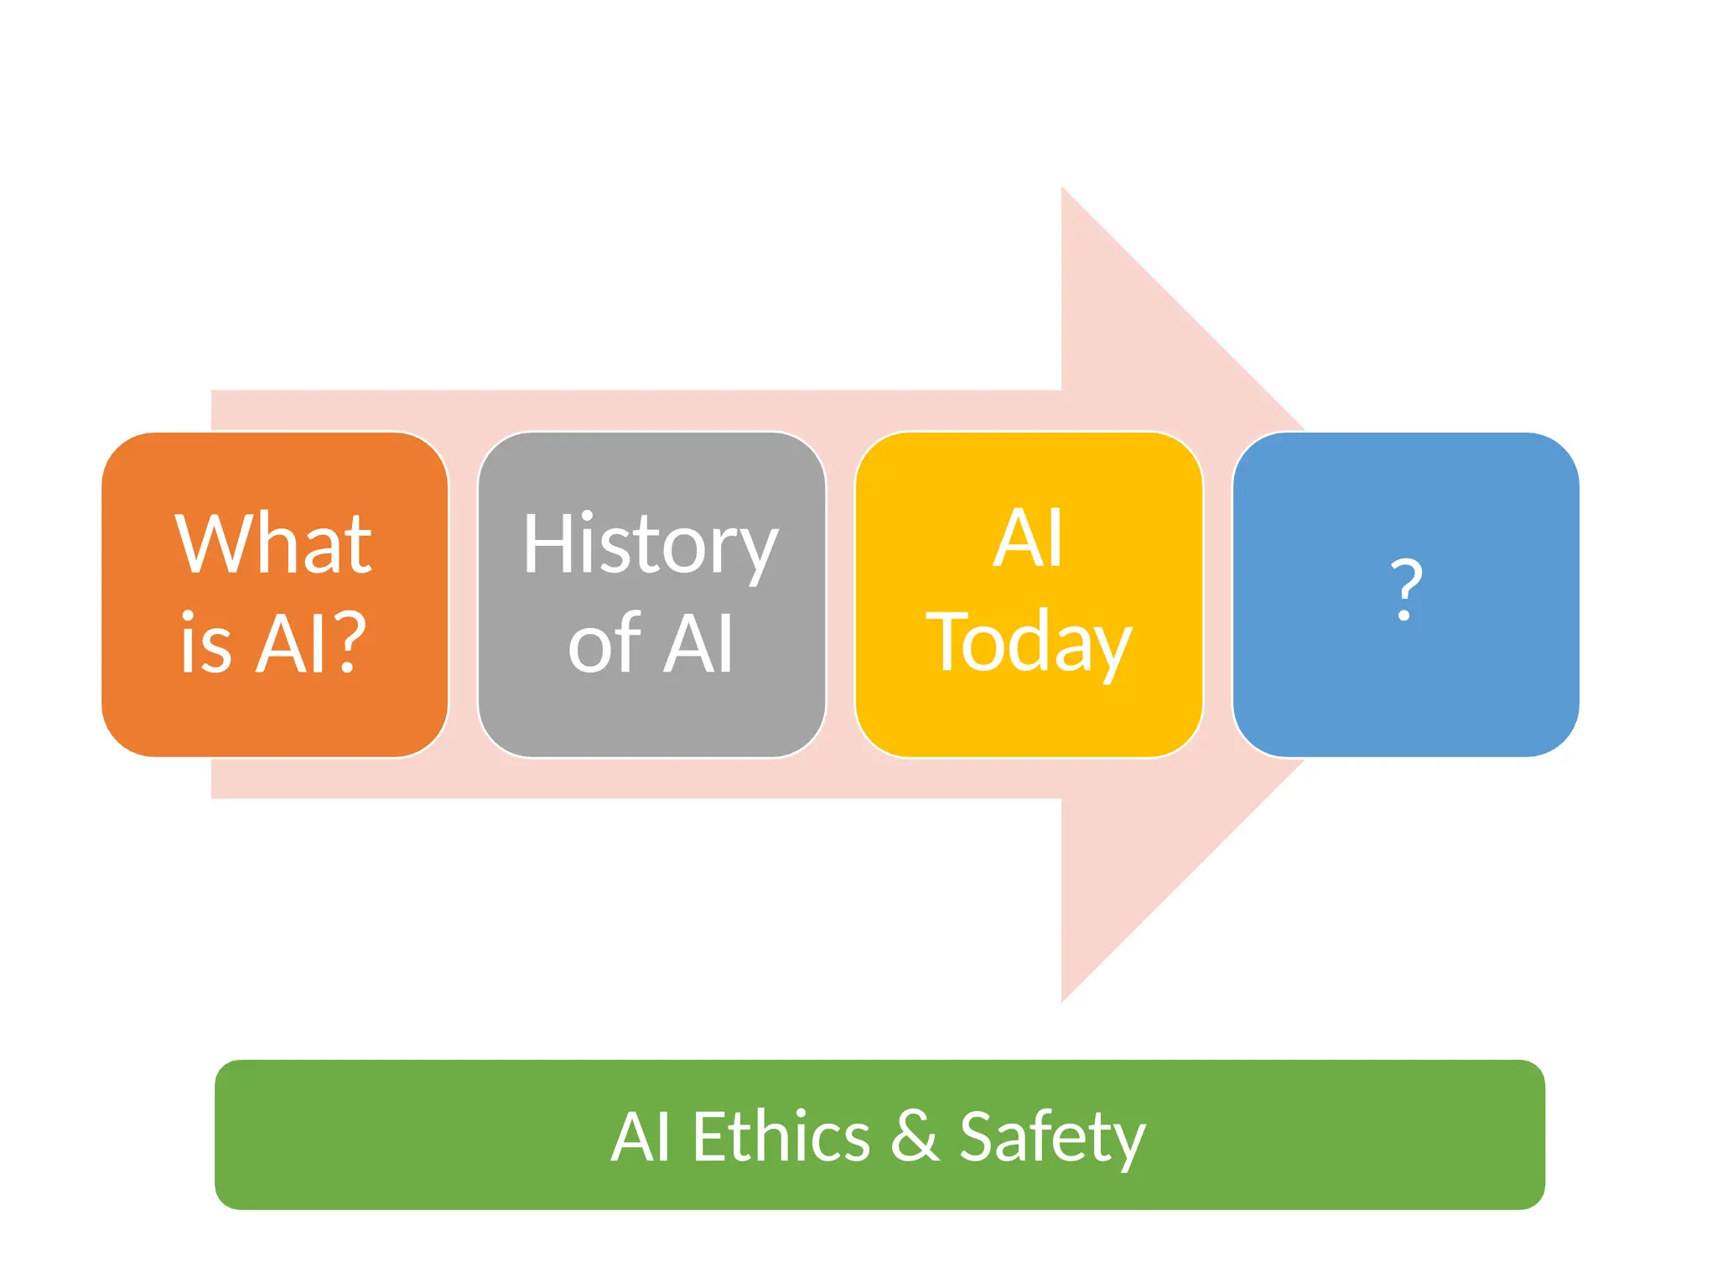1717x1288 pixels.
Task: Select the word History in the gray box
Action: [651, 545]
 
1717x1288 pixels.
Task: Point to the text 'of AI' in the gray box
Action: [651, 644]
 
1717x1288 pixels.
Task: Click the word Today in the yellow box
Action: [1029, 642]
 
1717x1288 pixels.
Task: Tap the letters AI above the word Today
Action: [1029, 538]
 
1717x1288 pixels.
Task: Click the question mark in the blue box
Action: [1406, 589]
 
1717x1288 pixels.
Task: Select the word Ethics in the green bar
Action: [781, 1137]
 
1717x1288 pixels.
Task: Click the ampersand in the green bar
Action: [915, 1135]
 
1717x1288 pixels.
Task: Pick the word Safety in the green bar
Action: [1052, 1137]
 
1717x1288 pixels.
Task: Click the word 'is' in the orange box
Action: [205, 644]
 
